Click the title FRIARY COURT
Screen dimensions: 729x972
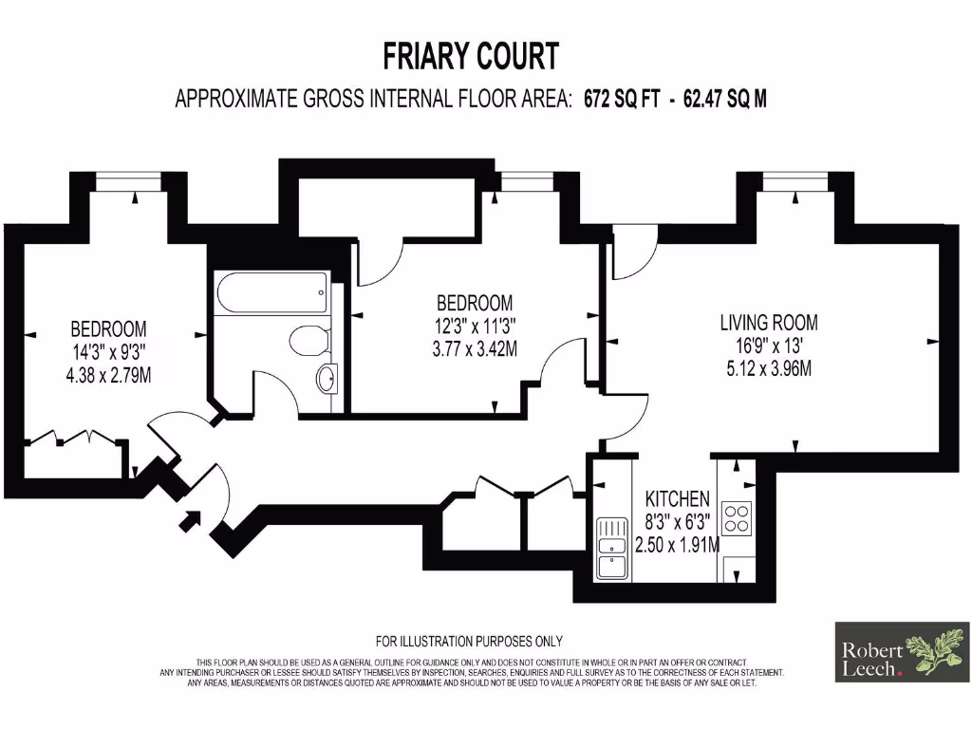click(471, 56)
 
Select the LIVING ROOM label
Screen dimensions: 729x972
click(768, 322)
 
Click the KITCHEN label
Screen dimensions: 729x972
click(677, 499)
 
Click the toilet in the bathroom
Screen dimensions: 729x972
click(307, 341)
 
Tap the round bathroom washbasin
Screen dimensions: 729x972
click(326, 378)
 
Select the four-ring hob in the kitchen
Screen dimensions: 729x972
click(738, 517)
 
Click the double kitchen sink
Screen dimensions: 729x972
click(608, 550)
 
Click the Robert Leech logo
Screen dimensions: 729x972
click(900, 652)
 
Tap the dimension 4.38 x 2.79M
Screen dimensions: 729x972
click(108, 375)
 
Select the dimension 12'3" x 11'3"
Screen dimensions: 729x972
click(475, 326)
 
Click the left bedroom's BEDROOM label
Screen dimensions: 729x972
click(108, 329)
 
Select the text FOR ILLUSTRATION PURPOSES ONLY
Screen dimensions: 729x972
click(469, 641)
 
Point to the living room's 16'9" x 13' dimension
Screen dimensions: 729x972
click(768, 345)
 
